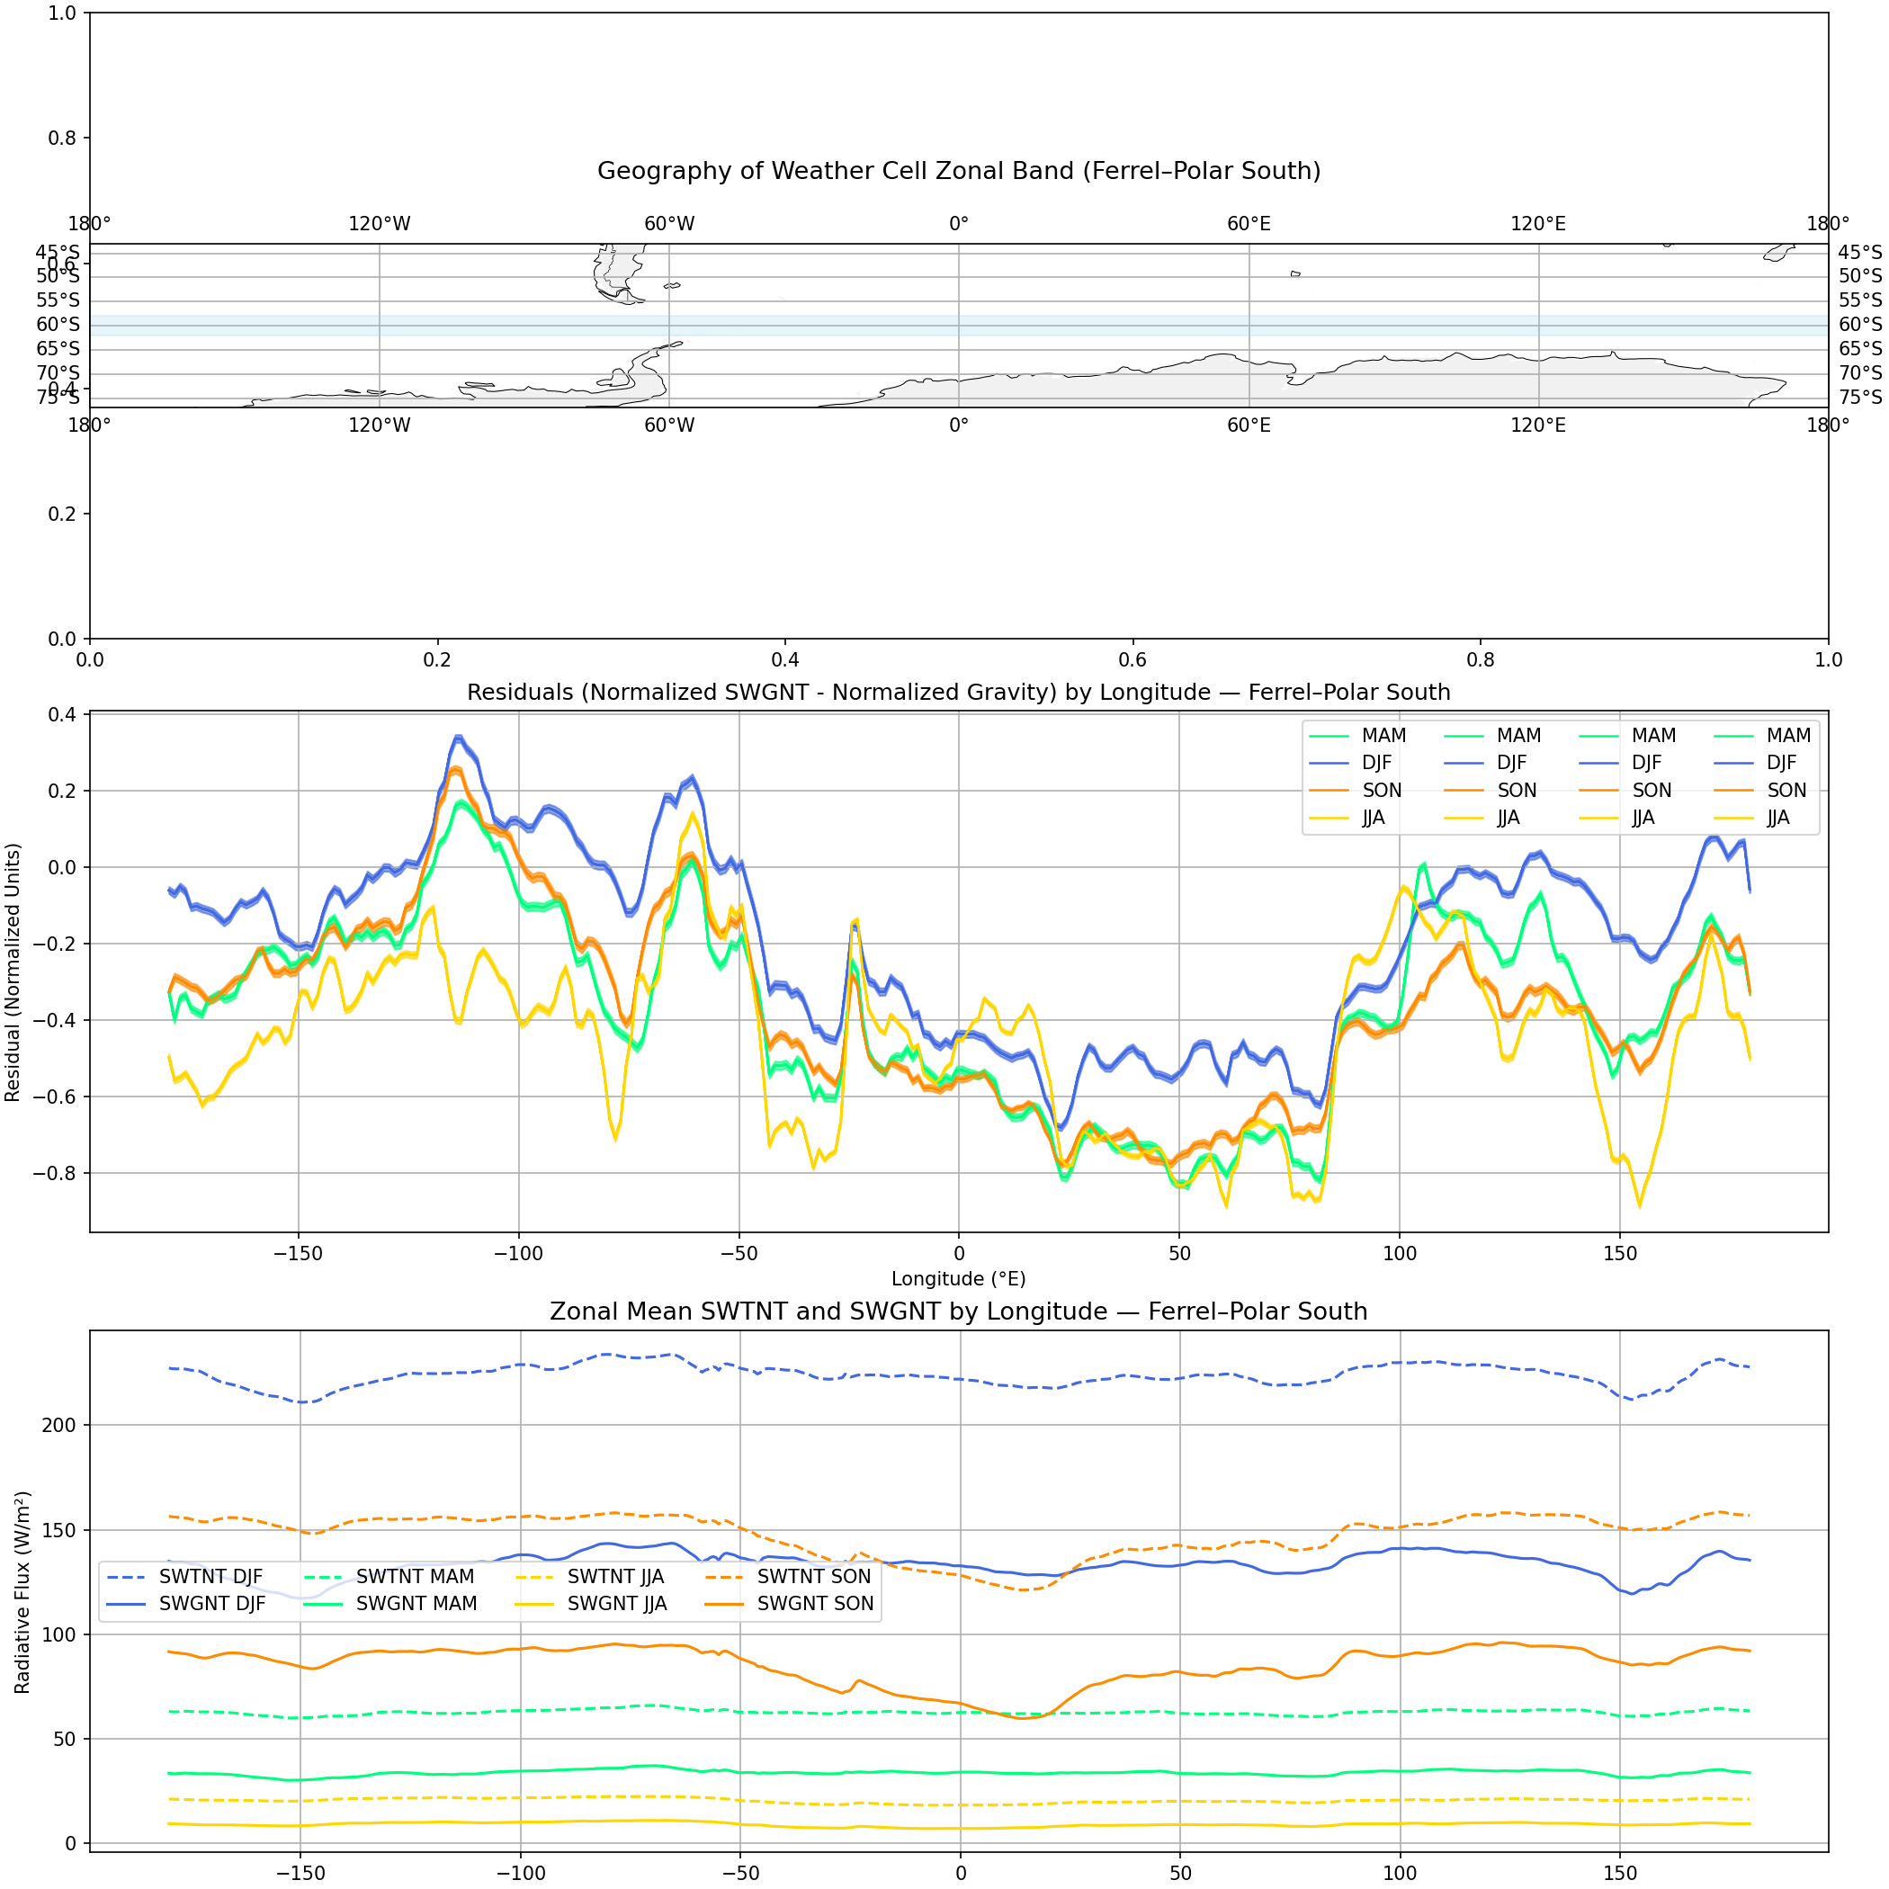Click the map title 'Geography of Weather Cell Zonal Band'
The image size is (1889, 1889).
(x=958, y=171)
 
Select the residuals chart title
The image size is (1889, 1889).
(x=958, y=693)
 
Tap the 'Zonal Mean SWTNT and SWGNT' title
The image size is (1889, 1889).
(x=958, y=1312)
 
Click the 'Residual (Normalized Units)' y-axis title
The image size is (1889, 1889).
(x=13, y=973)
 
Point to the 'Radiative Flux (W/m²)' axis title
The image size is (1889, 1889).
(x=22, y=1592)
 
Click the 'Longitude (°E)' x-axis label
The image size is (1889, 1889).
(x=958, y=1279)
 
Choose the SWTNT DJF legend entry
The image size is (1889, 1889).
(x=210, y=1577)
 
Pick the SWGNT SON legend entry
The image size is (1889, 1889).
(x=814, y=1605)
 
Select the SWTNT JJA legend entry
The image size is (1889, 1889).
(x=615, y=1577)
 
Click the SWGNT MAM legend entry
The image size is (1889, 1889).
(x=416, y=1605)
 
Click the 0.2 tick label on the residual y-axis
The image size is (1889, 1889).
(x=61, y=790)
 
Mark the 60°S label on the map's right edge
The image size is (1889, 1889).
(x=1859, y=325)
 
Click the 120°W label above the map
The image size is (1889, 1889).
(x=380, y=224)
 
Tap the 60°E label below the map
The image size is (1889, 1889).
(x=1249, y=425)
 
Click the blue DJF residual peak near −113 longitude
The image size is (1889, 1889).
(x=458, y=738)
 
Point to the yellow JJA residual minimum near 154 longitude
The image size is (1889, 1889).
(x=1640, y=1205)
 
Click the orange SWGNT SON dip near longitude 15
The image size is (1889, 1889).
(x=1024, y=1717)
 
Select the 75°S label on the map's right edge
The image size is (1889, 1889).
(x=1859, y=397)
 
